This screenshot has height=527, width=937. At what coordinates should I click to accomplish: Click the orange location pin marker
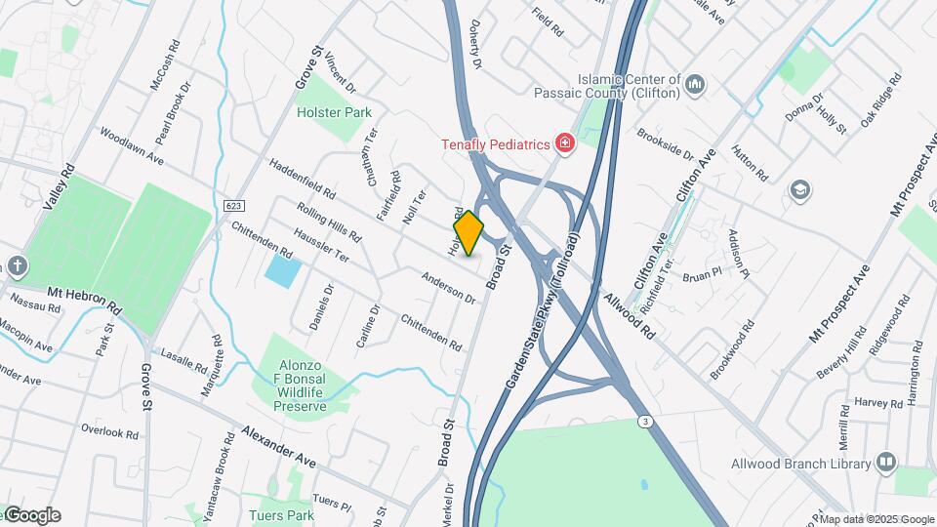469,233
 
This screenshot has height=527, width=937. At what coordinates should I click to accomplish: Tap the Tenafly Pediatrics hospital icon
563,144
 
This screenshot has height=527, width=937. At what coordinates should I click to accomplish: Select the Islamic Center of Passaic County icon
695,85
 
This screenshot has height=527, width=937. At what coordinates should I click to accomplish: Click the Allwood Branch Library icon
886,462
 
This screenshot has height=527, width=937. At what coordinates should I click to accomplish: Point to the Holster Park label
334,112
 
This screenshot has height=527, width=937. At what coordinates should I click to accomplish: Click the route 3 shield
645,420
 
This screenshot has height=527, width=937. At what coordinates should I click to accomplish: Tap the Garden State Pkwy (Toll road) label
543,313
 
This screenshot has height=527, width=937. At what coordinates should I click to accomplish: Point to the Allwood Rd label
629,314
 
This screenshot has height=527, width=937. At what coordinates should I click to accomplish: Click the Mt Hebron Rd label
86,300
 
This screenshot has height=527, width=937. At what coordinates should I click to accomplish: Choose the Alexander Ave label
279,443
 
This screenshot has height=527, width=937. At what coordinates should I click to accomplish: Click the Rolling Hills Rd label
329,223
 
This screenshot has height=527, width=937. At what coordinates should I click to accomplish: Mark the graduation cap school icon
800,189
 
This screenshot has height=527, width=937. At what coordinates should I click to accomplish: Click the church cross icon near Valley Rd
18,266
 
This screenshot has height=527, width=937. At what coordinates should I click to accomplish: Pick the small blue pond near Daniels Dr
283,270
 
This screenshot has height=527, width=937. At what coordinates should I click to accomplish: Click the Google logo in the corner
31,515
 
